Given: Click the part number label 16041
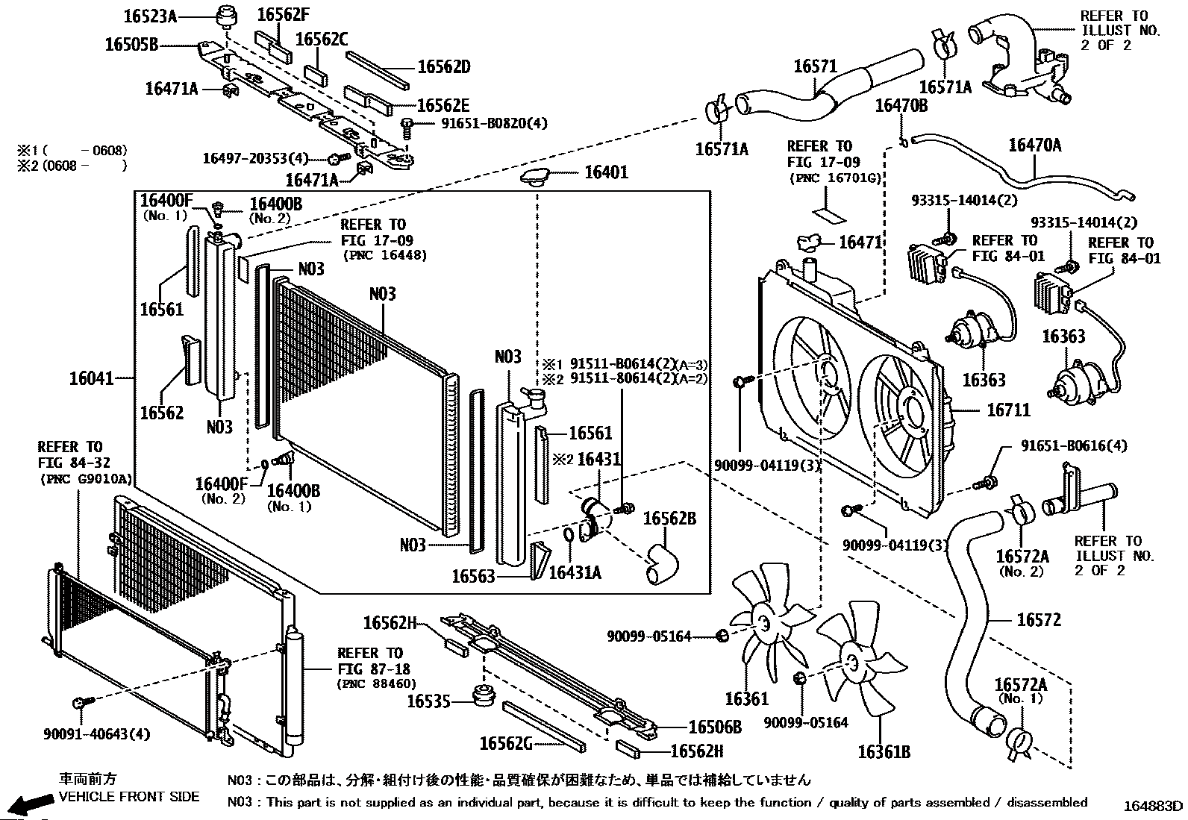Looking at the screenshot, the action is coord(92,378).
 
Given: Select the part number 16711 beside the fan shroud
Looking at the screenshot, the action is coord(1008,410).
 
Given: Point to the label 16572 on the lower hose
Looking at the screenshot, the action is coord(1039,619).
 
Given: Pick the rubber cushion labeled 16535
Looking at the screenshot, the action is coord(483,695).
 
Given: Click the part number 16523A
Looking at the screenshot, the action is coord(150,16).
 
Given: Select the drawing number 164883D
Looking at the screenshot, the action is coord(1152,806).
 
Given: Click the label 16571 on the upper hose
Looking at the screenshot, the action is coord(815,66).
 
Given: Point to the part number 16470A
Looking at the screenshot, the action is coord(1035,145).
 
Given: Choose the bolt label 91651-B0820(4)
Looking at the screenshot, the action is coord(494,123).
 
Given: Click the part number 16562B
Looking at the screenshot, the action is coord(670,519).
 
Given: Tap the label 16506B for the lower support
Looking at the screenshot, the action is coord(715,727).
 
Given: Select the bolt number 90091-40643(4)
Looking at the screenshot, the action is coord(96,734).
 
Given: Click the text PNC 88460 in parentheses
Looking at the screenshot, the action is coord(377,683).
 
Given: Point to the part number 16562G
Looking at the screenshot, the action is coord(506,744).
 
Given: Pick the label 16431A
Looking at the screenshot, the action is coord(575,573).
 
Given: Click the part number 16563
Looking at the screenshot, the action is coord(473,576).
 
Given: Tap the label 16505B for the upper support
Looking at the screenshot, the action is coord(131,45).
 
